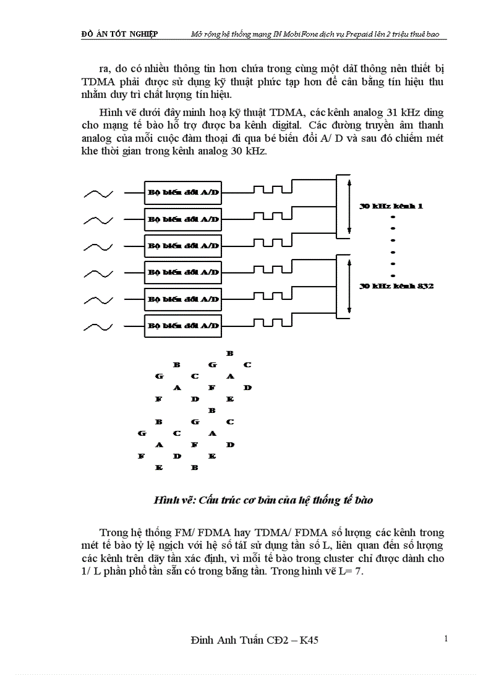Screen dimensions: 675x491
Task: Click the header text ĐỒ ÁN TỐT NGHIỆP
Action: click(x=119, y=34)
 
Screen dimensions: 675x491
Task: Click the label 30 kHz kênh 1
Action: click(x=391, y=206)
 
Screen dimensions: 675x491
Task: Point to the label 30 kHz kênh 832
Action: click(x=396, y=286)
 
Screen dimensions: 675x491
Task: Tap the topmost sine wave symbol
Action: click(x=98, y=194)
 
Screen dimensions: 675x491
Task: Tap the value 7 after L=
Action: click(x=359, y=571)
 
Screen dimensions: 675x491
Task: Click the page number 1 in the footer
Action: click(x=446, y=638)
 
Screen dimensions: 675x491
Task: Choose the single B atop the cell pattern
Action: click(x=229, y=353)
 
